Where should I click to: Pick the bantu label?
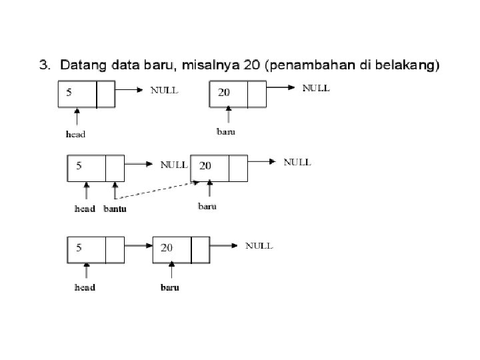pyautogui.click(x=115, y=209)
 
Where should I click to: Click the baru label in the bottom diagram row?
pyautogui.click(x=170, y=287)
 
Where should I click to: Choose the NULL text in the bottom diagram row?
pyautogui.click(x=259, y=245)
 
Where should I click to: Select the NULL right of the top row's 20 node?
pyautogui.click(x=317, y=87)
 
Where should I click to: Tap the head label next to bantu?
pyautogui.click(x=85, y=209)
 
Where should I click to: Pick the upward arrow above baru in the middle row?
pyautogui.click(x=209, y=189)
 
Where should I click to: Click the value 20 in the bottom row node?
pyautogui.click(x=167, y=247)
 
